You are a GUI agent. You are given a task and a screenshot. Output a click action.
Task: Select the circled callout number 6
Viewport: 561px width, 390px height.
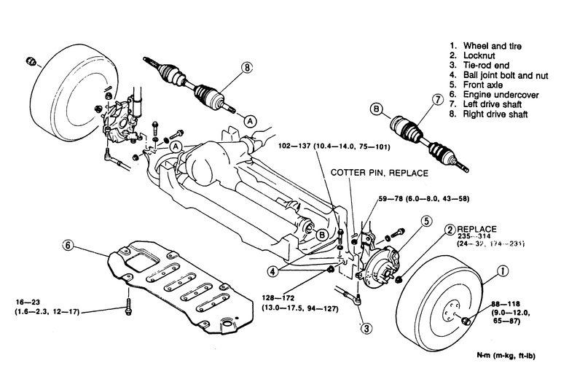click(67, 246)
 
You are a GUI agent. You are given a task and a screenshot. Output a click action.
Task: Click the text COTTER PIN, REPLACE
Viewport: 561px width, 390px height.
click(379, 173)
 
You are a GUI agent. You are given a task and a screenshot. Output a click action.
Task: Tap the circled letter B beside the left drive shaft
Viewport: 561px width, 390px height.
click(377, 110)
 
